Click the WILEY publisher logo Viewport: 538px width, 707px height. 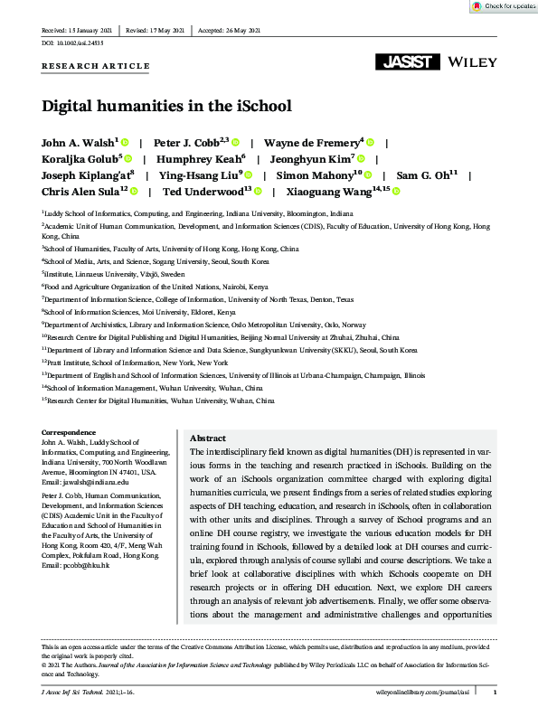470,62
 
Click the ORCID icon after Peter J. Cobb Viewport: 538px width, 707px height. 235,143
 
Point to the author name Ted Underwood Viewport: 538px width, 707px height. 205,191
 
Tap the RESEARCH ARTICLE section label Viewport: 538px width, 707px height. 95,66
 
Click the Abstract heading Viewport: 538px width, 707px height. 209,438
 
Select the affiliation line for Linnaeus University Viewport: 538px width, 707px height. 114,272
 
